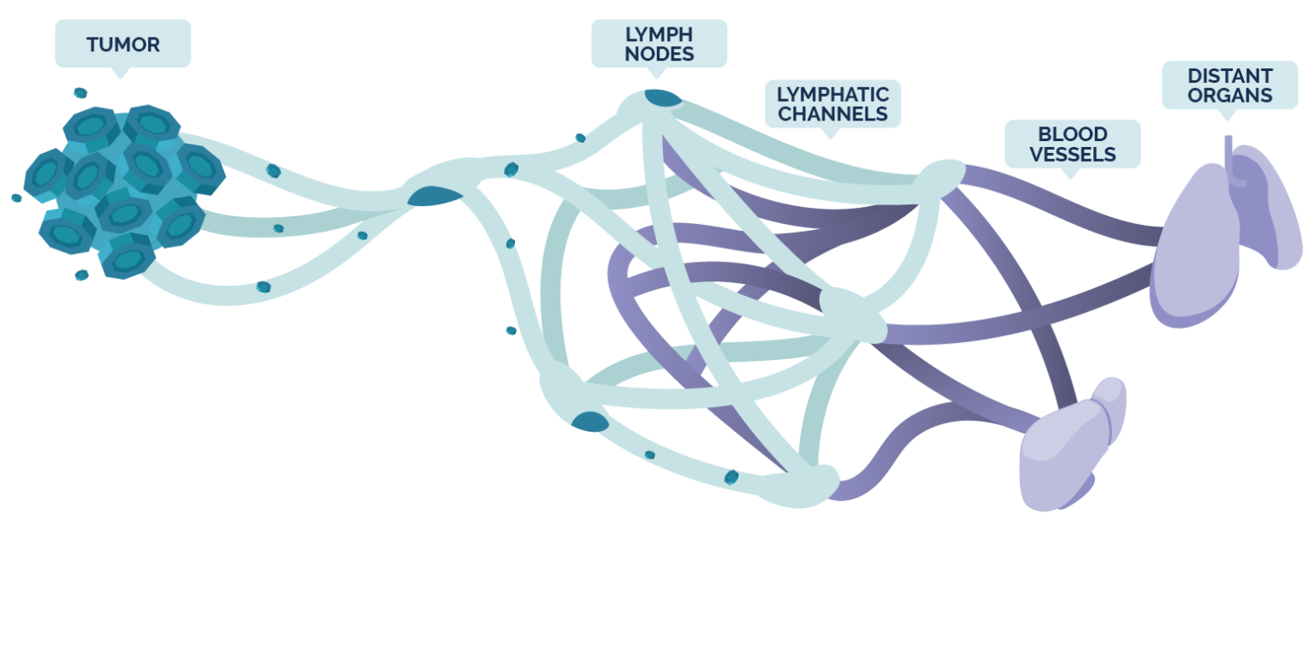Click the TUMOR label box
point(122,44)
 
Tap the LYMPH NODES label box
point(659,44)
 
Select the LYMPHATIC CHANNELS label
point(832,103)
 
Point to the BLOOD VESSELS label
point(1072,144)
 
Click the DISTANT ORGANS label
point(1229,86)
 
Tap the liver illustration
point(1069,445)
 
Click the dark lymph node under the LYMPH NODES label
point(661,98)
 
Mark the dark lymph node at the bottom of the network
point(589,421)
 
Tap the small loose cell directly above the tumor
point(80,92)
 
